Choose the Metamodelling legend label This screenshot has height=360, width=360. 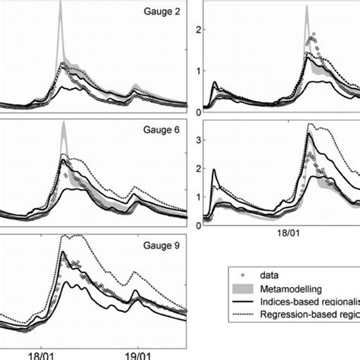tap(293, 290)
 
